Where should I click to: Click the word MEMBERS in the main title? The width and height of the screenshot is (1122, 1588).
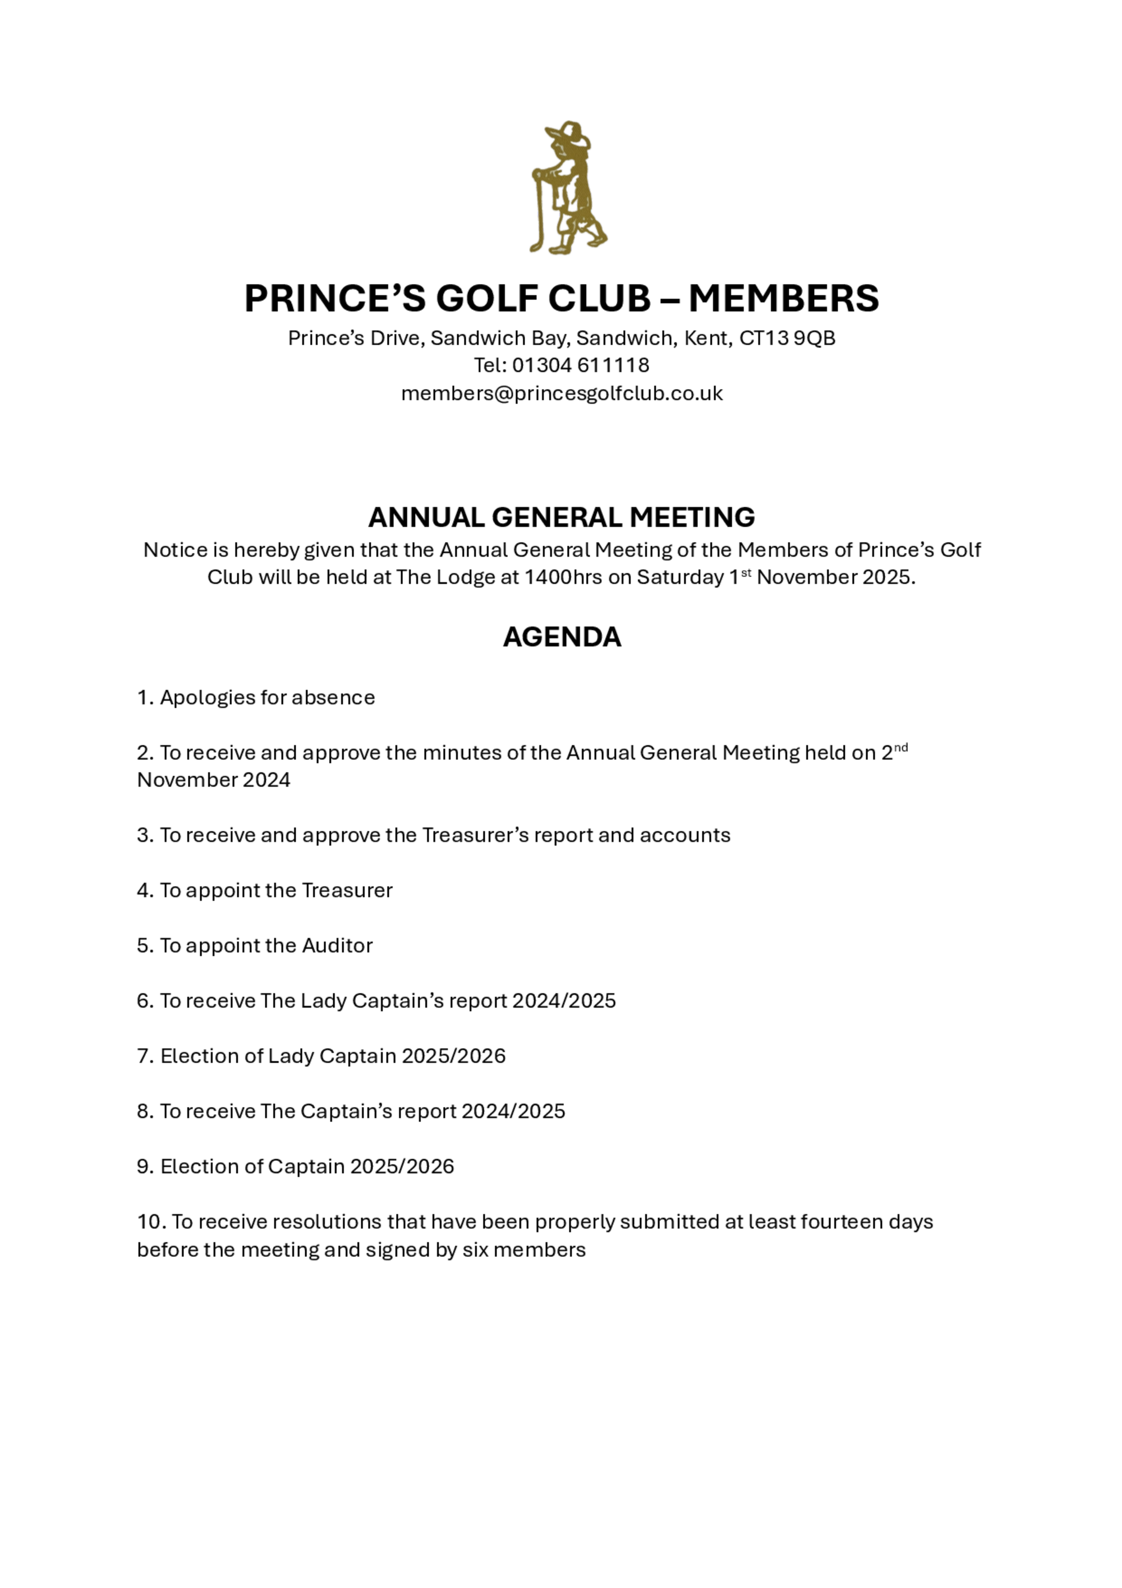tap(783, 298)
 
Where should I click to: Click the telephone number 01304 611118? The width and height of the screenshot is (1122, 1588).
tap(580, 365)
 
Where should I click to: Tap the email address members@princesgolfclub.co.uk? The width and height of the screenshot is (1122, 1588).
tap(562, 393)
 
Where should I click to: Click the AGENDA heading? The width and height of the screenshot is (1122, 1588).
tap(562, 637)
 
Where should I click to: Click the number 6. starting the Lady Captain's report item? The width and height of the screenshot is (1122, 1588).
tap(145, 1001)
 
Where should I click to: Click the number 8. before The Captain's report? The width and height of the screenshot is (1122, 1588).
tap(145, 1111)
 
